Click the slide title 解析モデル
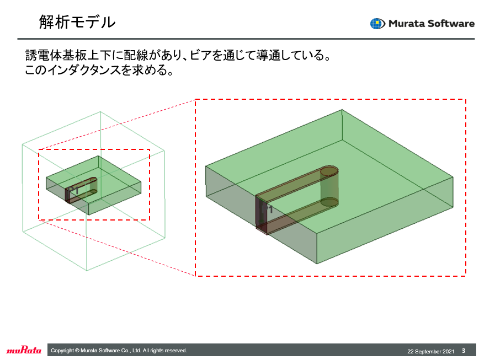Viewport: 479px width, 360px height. pyautogui.click(x=77, y=22)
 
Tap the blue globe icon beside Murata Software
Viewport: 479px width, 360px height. pyautogui.click(x=377, y=24)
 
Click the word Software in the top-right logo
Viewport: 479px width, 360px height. pyautogui.click(x=451, y=24)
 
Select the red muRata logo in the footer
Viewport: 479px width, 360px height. pyautogui.click(x=24, y=350)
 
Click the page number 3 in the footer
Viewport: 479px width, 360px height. pyautogui.click(x=464, y=351)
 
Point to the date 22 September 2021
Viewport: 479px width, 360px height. pyautogui.click(x=431, y=352)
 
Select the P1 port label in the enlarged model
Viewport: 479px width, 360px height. pyautogui.click(x=267, y=209)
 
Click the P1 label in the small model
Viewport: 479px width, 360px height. pyautogui.click(x=73, y=190)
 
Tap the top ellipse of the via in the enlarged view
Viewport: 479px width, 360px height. pyautogui.click(x=329, y=171)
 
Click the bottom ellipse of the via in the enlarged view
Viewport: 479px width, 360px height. pyautogui.click(x=329, y=202)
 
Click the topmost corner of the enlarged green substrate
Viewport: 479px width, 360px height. pyautogui.click(x=342, y=110)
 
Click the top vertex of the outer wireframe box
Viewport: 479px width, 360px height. pyautogui.click(x=100, y=112)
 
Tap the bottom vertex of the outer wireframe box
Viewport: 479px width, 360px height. pyautogui.click(x=87, y=271)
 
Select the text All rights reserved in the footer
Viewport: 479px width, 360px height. pyautogui.click(x=164, y=351)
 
